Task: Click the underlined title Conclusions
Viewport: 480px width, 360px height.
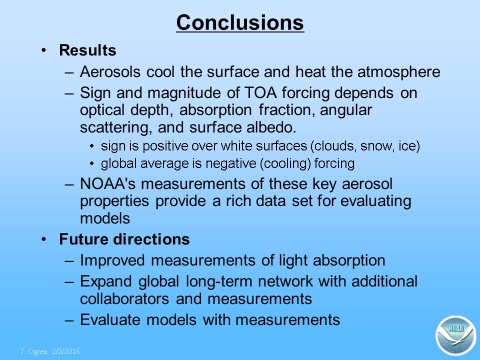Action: (240, 22)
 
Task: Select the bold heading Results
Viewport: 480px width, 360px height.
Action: (87, 50)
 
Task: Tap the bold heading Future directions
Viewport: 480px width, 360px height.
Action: (124, 239)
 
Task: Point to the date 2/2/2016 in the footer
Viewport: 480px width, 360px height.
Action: (66, 351)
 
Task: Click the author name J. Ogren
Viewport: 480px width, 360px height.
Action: (34, 351)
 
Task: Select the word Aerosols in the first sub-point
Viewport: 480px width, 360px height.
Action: (110, 72)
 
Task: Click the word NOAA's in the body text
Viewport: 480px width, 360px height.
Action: (107, 183)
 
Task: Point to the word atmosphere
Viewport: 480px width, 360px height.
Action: (399, 72)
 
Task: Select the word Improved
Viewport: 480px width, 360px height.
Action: (112, 260)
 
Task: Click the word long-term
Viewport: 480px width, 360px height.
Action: (218, 281)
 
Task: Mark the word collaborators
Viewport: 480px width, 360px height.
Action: (124, 299)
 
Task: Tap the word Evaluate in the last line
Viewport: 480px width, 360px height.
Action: (110, 319)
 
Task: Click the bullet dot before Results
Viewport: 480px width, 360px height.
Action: (44, 50)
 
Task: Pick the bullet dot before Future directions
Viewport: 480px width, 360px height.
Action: (44, 239)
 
